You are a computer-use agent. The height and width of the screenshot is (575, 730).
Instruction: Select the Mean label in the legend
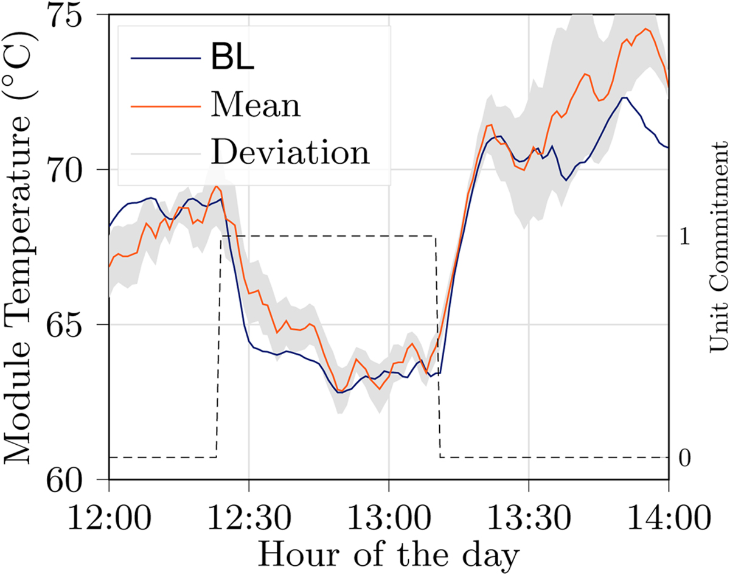pos(255,105)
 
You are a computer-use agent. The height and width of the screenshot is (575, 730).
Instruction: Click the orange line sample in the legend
pos(165,105)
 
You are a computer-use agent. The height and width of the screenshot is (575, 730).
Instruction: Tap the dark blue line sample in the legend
pos(165,58)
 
